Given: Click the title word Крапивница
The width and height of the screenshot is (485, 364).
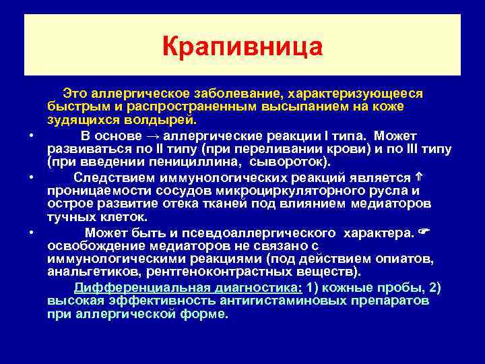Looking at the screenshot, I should click(x=243, y=47).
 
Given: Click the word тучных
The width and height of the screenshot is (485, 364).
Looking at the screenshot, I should click(x=70, y=218).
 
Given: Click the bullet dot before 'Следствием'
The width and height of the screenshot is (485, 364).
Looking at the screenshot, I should click(x=32, y=177).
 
